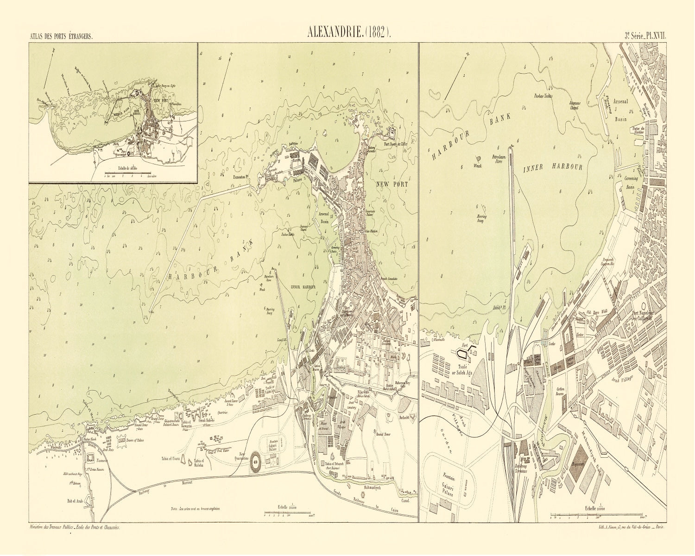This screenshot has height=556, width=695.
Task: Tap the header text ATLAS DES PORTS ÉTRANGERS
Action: (x=61, y=36)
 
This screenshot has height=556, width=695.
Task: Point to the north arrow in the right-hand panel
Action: (x=456, y=76)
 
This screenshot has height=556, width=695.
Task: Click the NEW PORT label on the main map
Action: (x=392, y=184)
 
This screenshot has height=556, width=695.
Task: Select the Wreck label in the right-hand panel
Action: (x=478, y=165)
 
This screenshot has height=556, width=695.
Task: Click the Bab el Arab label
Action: (x=76, y=501)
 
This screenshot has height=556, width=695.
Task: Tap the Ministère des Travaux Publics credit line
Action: (x=74, y=528)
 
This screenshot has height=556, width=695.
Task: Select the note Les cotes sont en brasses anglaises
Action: (x=196, y=509)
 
